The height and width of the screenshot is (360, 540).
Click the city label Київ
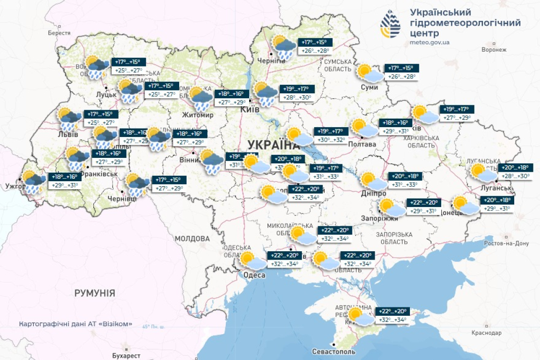click(x=250, y=110)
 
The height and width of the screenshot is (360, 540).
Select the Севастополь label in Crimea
click(x=334, y=352)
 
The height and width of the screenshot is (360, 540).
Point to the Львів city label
click(x=67, y=135)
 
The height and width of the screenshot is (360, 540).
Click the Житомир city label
click(x=200, y=115)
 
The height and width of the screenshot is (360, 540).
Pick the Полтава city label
click(x=362, y=144)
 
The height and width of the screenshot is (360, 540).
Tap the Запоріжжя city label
click(x=384, y=219)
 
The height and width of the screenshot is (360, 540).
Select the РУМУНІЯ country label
click(x=95, y=293)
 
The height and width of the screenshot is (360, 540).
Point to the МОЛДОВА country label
click(x=192, y=239)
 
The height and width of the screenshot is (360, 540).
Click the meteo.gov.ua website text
click(x=430, y=43)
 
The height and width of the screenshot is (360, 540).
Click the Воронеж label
click(x=494, y=50)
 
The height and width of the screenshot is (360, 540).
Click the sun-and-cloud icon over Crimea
click(x=360, y=316)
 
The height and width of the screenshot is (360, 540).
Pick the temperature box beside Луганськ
click(x=517, y=172)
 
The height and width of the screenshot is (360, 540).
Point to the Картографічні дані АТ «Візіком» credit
click(x=76, y=324)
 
